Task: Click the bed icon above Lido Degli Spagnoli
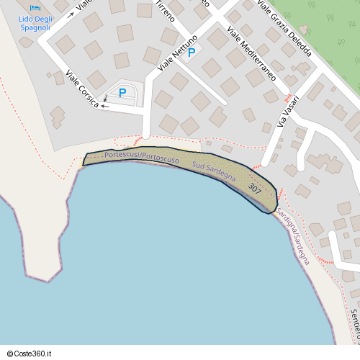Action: point(35,8)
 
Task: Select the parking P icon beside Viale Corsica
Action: point(122,92)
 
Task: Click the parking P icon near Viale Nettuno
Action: point(192,53)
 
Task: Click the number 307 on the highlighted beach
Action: point(254,188)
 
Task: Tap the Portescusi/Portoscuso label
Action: point(141,156)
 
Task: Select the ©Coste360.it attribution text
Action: point(29,354)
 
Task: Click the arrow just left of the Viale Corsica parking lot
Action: point(105,107)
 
